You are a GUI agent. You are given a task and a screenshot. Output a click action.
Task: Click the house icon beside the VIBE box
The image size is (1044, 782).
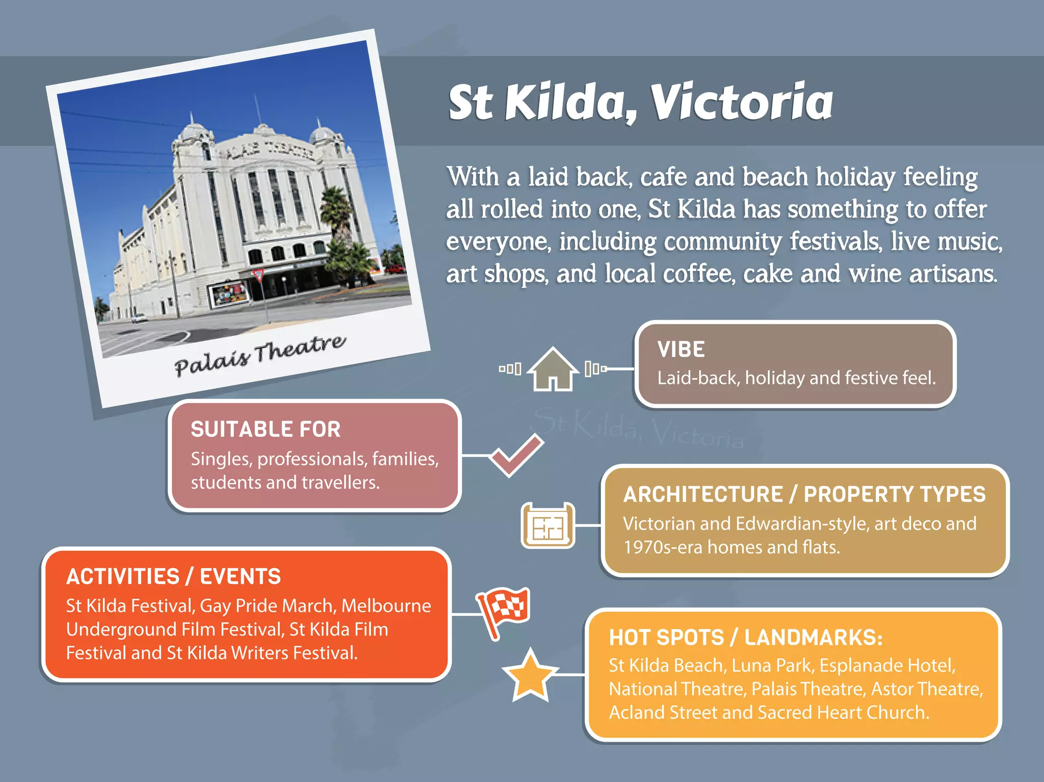(x=553, y=370)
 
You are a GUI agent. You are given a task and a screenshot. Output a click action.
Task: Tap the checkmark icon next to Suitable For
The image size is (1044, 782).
(x=516, y=455)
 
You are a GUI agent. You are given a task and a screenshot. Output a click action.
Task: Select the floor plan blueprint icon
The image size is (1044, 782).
(x=547, y=526)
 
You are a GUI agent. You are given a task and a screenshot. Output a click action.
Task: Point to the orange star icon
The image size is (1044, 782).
(x=530, y=675)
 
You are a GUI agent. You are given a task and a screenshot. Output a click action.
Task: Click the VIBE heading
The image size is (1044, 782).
(x=681, y=350)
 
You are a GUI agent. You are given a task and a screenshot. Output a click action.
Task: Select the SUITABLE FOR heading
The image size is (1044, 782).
(x=266, y=429)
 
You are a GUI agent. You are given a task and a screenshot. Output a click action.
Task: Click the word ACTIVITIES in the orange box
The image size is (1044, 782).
(x=123, y=577)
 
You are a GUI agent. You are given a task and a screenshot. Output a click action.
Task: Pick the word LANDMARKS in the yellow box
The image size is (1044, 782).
(x=813, y=638)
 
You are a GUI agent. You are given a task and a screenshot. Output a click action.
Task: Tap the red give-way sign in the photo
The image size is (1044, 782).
(x=258, y=276)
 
